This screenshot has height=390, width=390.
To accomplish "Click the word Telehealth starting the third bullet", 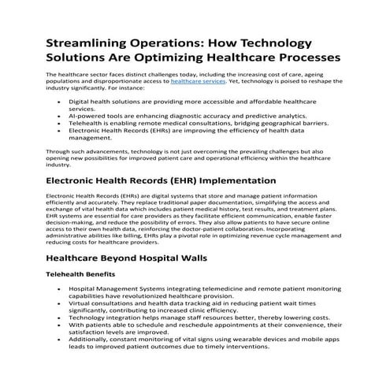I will pos(84,124).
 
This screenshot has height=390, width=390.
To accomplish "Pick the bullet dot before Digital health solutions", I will pos(61,102).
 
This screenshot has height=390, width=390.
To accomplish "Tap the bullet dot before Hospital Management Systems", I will pos(61,289).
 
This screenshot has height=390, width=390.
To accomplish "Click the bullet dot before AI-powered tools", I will pos(61,116).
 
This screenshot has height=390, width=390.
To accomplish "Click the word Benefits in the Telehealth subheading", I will pos(101,274).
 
